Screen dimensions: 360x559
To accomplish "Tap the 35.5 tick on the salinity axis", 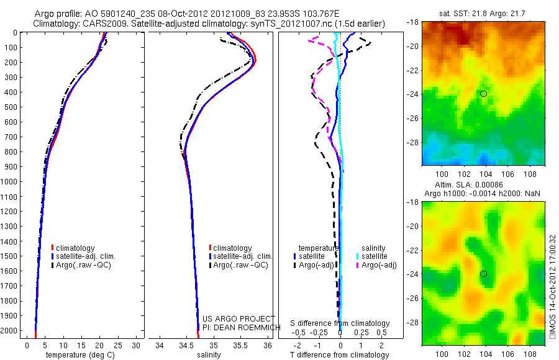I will pyautogui.click(x=240, y=345).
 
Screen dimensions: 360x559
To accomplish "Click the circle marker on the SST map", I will pyautogui.click(x=484, y=93).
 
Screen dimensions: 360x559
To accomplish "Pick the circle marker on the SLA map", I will pyautogui.click(x=484, y=274).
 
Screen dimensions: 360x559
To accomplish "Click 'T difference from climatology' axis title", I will pyautogui.click(x=339, y=355).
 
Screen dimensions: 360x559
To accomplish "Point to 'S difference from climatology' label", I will pyautogui.click(x=340, y=323).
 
